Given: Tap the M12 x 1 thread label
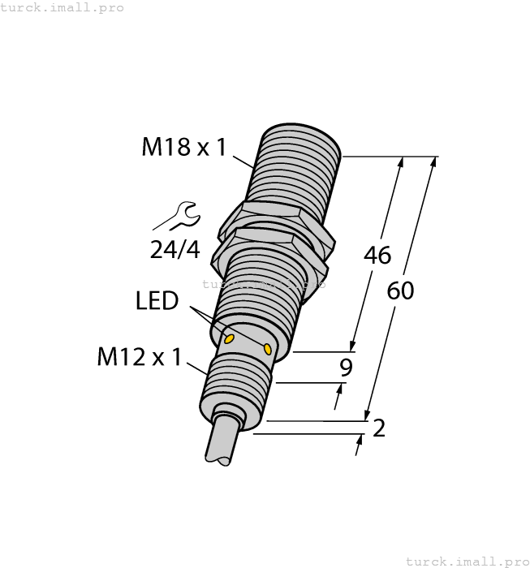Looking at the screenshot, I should point(140,357).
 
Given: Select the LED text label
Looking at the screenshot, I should point(157,301).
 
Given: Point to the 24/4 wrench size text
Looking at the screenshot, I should point(175,249).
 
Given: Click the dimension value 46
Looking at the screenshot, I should point(377,255).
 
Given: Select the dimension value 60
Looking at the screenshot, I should point(399,290).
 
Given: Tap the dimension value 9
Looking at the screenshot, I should point(346,368).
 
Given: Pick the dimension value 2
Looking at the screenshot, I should point(378,428).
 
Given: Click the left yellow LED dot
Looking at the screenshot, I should point(230,338).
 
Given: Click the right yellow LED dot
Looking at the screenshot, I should point(268,349).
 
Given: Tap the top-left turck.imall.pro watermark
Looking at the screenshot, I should point(62,7).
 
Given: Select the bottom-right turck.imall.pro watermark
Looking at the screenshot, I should point(467,561).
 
